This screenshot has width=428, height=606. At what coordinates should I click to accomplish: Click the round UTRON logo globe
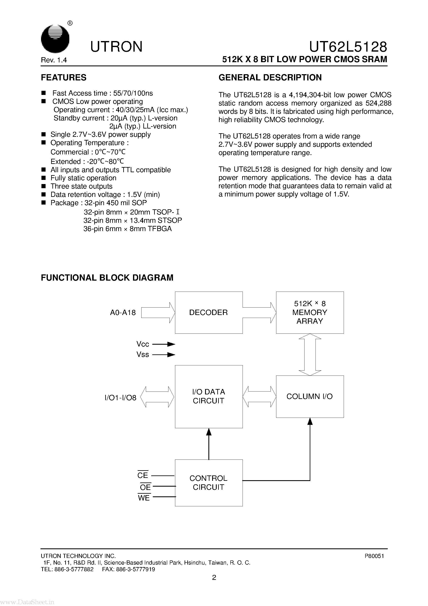pos(55,39)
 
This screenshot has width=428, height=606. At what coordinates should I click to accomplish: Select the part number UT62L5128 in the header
pos(348,47)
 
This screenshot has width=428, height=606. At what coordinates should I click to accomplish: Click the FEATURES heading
pos(64,78)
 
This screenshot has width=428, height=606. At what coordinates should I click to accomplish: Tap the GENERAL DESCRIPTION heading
pos(270,78)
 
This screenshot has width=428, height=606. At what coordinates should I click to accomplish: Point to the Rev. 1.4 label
pos(54,60)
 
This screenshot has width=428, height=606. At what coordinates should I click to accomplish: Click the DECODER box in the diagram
pos(208,313)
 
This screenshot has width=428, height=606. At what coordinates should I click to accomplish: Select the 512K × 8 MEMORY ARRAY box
pos(310,313)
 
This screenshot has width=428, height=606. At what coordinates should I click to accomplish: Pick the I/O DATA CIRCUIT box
pos(208,396)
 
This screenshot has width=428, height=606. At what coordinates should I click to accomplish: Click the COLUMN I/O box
pos(310,396)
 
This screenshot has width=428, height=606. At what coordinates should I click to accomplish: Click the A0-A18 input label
pos(123,313)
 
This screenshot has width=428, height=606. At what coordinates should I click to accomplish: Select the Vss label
pos(143,354)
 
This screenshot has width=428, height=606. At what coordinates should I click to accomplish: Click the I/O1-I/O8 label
pos(120,398)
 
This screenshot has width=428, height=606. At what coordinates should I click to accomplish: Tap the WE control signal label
pos(144,498)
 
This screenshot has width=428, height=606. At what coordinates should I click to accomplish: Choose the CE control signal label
pos(143,475)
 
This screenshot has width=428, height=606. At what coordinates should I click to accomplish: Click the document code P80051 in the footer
pos(374,556)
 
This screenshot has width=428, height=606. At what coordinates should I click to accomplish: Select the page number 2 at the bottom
pos(214,578)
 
